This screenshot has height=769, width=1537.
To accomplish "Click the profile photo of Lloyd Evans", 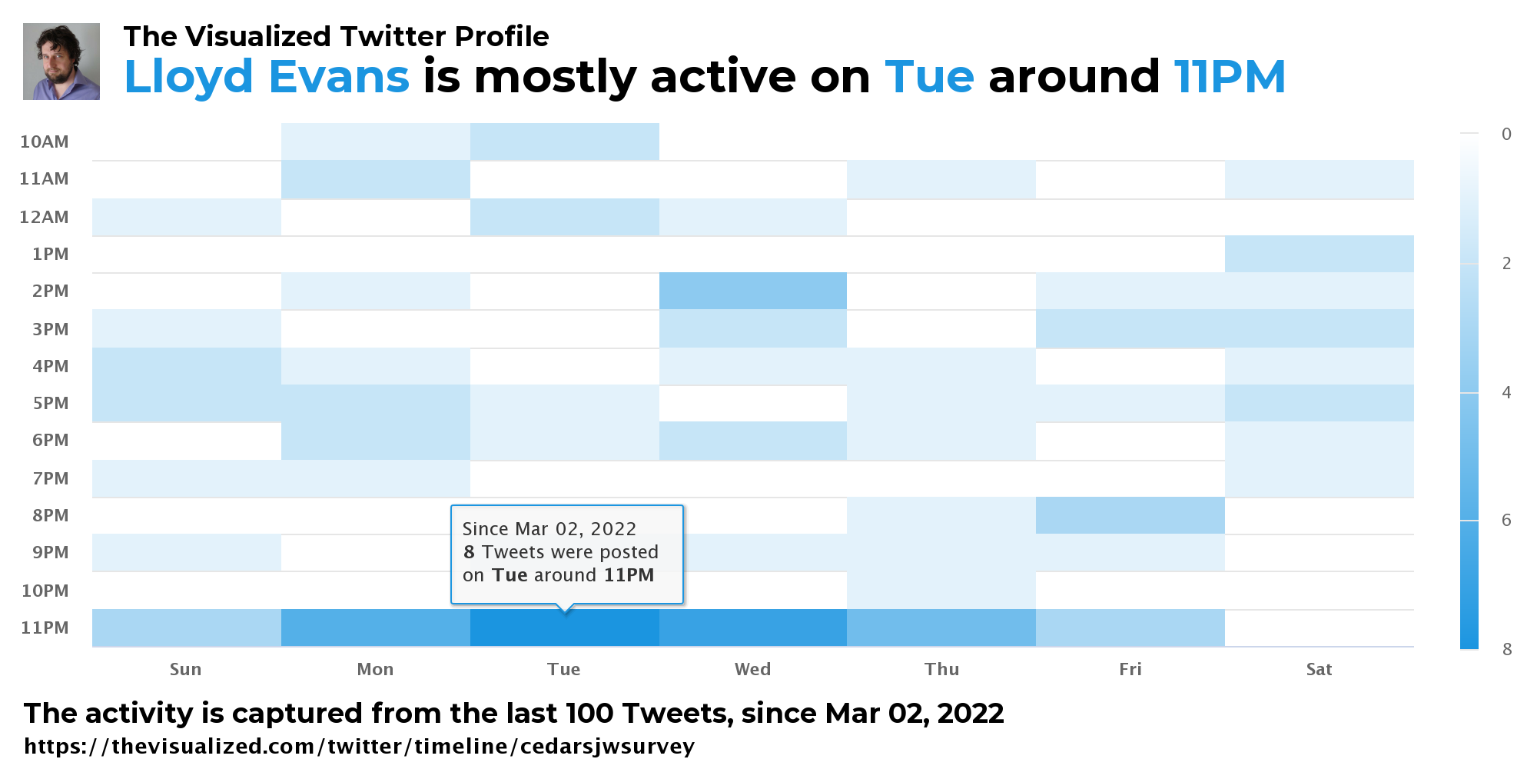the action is (61, 62).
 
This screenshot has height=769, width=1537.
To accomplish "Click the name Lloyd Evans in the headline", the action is (267, 77).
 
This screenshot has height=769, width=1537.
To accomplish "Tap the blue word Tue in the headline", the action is (929, 77).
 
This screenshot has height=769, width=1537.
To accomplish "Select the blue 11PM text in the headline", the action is (1230, 77).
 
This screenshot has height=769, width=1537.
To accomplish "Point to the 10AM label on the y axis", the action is (45, 141).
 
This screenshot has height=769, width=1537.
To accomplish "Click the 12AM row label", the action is (45, 217).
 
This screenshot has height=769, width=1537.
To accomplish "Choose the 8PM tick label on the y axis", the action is (51, 515).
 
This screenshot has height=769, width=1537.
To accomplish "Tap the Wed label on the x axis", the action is (753, 669).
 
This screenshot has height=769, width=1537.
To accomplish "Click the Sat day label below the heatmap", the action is (1320, 669).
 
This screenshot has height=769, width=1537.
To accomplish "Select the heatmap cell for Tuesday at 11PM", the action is (565, 628).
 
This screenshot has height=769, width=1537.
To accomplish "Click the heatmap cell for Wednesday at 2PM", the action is (753, 291).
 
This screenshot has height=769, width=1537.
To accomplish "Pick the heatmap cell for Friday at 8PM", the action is (1130, 515).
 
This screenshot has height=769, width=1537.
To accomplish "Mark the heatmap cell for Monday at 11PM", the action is (376, 628).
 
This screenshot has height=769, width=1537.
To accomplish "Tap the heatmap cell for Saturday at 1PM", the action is (1320, 254).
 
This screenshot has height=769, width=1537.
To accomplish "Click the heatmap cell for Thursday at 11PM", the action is (941, 628).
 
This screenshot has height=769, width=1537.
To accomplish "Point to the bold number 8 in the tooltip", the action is (469, 552).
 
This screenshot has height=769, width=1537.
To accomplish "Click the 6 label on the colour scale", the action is (1506, 520).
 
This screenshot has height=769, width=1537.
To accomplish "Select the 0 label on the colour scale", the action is (1506, 134).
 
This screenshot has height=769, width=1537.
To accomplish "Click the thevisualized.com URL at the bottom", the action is (359, 746).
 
